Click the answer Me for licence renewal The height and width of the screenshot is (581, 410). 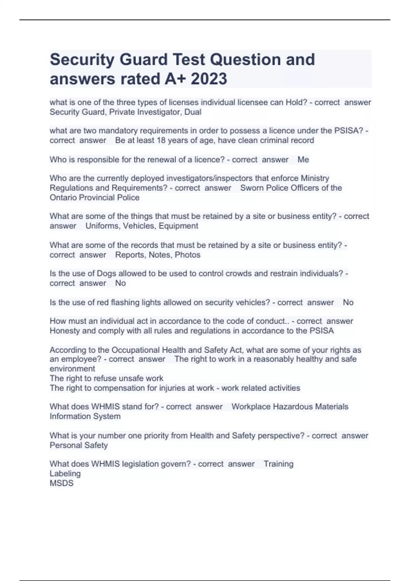pos(303,160)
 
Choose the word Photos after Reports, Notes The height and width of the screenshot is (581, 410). pos(188,255)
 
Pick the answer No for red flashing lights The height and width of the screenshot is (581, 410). pos(348,302)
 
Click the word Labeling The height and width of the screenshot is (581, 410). pos(65,474)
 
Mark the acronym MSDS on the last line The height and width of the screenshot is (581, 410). pos(61,483)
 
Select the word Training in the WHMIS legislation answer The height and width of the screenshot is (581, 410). pos(278,464)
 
